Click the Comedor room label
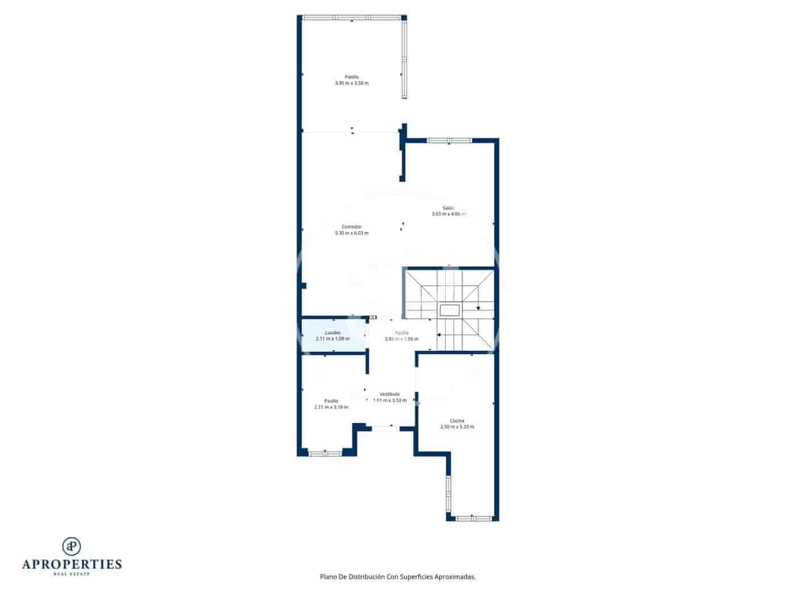tap(351, 227)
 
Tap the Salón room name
tap(449, 208)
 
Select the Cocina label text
tap(457, 421)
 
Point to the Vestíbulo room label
tap(389, 394)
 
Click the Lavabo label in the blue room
tap(333, 333)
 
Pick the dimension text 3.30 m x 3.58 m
tap(351, 83)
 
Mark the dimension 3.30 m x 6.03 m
tap(351, 233)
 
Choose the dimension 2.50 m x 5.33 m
tap(457, 426)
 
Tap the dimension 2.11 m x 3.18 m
tap(331, 407)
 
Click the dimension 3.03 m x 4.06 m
tap(449, 214)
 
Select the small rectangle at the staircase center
tap(449, 310)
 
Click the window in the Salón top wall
tap(449, 140)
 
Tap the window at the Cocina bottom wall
tap(474, 518)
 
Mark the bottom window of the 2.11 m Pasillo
tap(325, 453)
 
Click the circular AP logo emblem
tap(72, 546)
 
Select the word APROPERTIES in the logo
tap(72, 565)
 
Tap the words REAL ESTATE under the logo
tap(72, 574)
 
